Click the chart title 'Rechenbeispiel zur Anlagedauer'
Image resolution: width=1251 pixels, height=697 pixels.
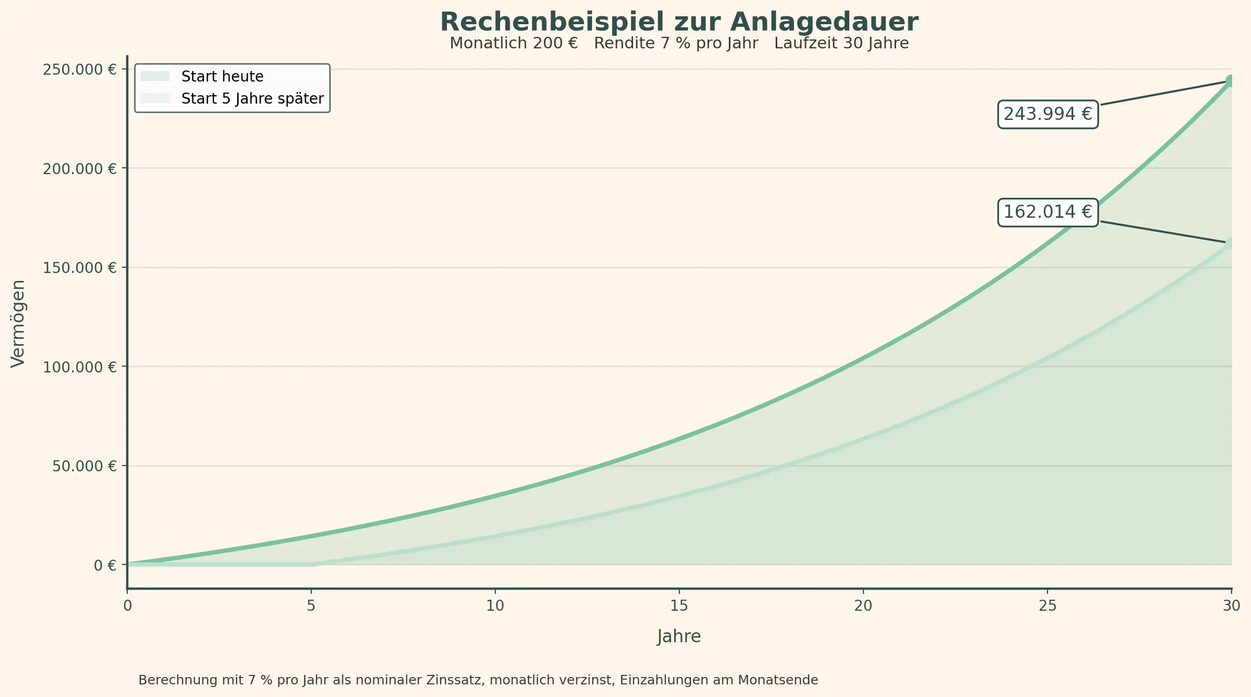point(679,22)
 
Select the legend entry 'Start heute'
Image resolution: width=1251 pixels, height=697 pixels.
point(222,77)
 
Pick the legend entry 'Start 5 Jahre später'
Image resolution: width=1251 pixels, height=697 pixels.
point(252,99)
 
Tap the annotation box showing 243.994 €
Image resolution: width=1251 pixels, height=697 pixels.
point(1047,114)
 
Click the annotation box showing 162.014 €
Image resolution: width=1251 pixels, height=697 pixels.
point(1047,212)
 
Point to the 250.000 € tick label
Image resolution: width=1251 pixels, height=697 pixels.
point(79,69)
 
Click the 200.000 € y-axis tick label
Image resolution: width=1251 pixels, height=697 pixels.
point(79,169)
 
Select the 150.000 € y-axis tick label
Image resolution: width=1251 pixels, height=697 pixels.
point(79,268)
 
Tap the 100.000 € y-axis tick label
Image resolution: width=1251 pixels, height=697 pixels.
point(79,367)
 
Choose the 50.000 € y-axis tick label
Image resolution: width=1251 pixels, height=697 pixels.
point(84,466)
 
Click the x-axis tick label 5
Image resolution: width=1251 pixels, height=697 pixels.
point(311,606)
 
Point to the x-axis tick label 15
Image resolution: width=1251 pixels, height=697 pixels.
point(679,606)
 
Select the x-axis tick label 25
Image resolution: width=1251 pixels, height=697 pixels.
point(1047,606)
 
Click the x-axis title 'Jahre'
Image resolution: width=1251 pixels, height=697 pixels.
point(679,637)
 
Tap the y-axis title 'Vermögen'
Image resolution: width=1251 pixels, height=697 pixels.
point(18,324)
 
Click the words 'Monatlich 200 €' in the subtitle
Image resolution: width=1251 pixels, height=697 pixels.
point(514,44)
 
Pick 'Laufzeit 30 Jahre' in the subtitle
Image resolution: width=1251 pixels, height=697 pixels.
point(841,44)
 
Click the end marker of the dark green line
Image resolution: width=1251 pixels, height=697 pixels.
point(1230,80)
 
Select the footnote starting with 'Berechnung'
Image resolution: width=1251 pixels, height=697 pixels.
point(478,680)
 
